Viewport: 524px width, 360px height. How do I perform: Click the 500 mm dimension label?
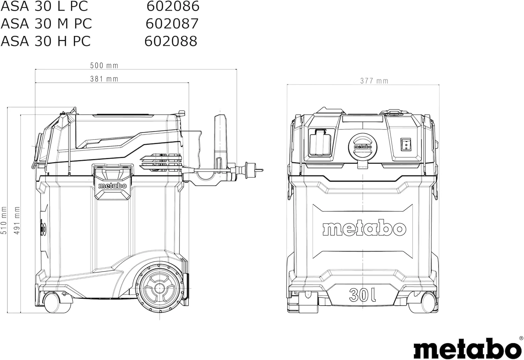[104, 66]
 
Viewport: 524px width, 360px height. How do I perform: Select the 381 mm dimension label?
[104, 79]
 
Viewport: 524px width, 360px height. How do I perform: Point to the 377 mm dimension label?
[374, 81]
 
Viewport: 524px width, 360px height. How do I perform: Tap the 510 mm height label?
[4, 220]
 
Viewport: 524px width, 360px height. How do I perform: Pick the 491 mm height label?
[17, 220]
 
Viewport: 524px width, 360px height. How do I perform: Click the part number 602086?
[173, 6]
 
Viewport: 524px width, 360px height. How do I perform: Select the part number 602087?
[172, 23]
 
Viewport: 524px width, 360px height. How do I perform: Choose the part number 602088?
[171, 41]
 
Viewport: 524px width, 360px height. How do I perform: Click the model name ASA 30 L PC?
[44, 6]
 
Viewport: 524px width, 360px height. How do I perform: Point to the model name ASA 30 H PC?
[46, 41]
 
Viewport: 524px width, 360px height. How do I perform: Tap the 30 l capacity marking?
[362, 295]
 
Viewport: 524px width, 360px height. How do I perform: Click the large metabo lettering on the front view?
[364, 228]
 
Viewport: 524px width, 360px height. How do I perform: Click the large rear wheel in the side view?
[160, 288]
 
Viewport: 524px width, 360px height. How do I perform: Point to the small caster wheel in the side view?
[51, 302]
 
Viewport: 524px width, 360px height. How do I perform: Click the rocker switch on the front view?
[406, 144]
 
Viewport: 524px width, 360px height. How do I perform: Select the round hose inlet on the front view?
[363, 147]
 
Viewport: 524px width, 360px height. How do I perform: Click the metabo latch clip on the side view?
[112, 182]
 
